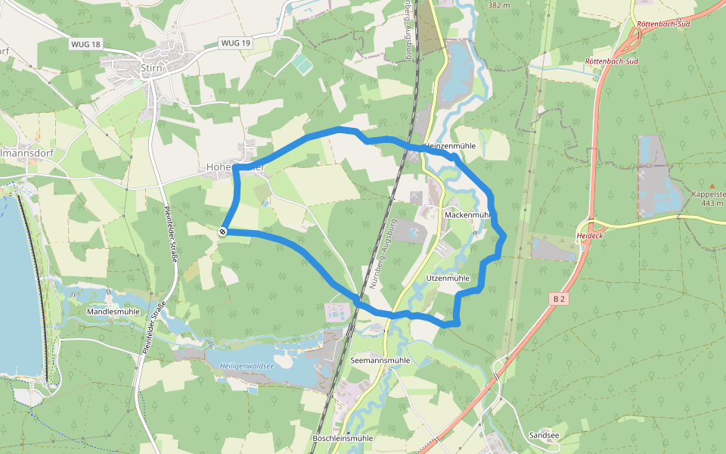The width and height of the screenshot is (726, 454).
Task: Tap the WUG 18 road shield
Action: (x=85, y=45)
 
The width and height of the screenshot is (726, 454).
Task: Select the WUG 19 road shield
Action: (x=235, y=43)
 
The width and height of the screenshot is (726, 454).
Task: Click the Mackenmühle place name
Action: (x=467, y=215)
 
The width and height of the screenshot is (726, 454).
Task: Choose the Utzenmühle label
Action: (x=448, y=278)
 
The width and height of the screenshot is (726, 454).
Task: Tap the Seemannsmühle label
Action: (x=380, y=361)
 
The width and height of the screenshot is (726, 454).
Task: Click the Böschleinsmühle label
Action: (x=343, y=438)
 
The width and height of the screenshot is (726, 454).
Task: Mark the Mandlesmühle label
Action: (x=113, y=312)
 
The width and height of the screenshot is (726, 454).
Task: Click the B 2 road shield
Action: (x=559, y=300)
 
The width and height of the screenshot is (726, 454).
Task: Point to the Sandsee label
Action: (x=544, y=436)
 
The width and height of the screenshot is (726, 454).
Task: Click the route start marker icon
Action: (x=223, y=232)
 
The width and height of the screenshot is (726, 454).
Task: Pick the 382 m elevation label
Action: (x=500, y=5)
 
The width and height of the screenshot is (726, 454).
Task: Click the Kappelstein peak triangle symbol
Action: (x=712, y=185)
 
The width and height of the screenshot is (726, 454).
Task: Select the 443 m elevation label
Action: (x=712, y=203)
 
